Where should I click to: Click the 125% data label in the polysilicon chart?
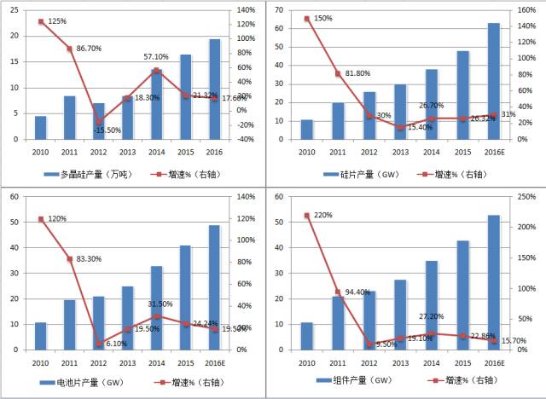coord(57,20)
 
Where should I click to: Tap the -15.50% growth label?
coord(109,130)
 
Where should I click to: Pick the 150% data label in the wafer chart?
coord(323,18)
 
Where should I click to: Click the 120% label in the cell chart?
coord(58,218)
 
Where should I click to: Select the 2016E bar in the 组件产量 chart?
coord(494,282)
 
